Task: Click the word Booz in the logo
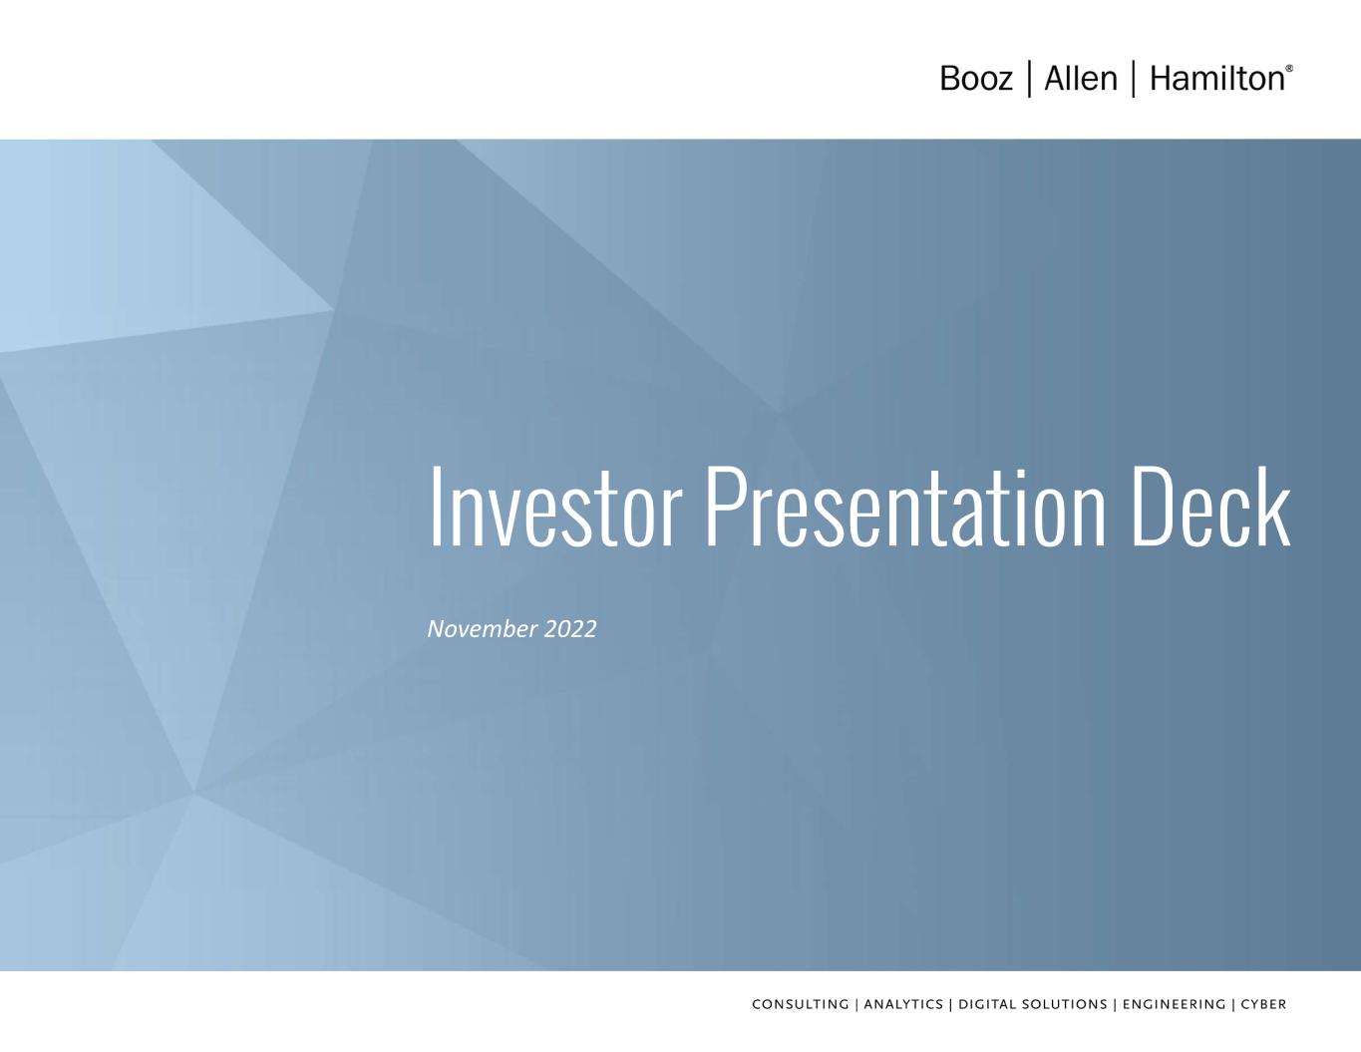[x=976, y=79]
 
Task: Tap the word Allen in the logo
[x=1081, y=78]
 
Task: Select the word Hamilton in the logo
[x=1217, y=78]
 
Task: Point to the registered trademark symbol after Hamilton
[x=1289, y=68]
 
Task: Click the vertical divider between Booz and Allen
[x=1029, y=78]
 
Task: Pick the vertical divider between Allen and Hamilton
[x=1134, y=78]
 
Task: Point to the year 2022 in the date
[x=570, y=628]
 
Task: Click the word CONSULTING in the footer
[x=801, y=1004]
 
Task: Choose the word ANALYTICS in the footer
[x=903, y=1004]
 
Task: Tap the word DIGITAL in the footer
[x=986, y=1004]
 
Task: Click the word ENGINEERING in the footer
[x=1174, y=1004]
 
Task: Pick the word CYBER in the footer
[x=1263, y=1004]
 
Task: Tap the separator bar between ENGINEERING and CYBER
[x=1233, y=1004]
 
